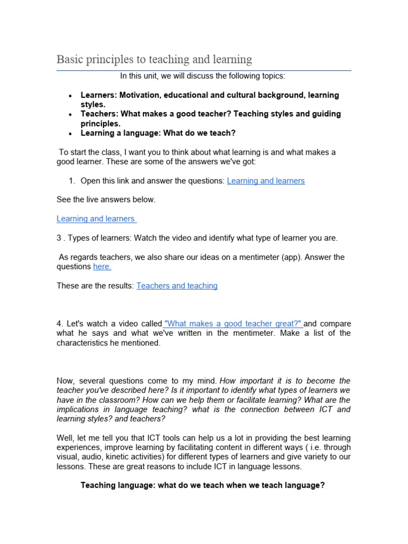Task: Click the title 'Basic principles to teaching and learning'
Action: tap(154, 59)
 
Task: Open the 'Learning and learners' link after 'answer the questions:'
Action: tap(266, 181)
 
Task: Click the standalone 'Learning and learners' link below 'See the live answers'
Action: tap(96, 219)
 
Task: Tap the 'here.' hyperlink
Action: tap(102, 267)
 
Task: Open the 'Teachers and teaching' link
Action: tap(177, 286)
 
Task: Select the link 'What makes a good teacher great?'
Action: tap(233, 324)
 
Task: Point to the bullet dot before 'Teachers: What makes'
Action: tap(70, 114)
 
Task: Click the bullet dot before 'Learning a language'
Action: tap(70, 133)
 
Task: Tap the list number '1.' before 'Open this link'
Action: tap(72, 181)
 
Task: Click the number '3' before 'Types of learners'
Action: tap(59, 238)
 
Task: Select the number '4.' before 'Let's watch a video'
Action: tap(60, 324)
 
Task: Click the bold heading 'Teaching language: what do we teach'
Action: tap(202, 486)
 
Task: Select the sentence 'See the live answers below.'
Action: tap(106, 200)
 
